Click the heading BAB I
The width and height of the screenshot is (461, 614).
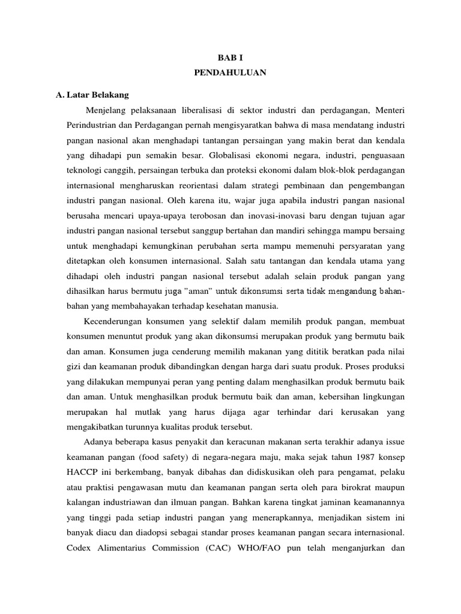pos(230,56)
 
